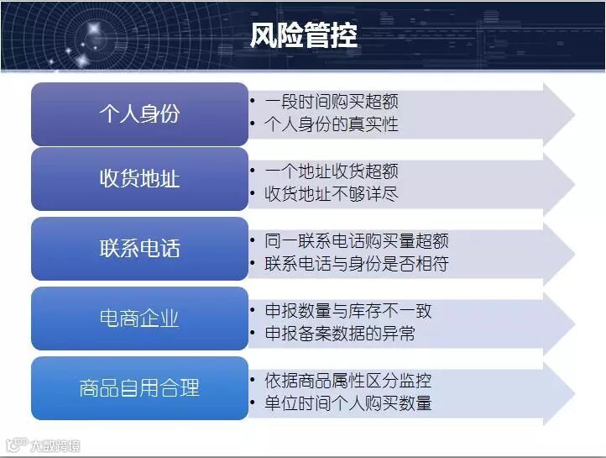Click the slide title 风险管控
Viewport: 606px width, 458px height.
coord(303,35)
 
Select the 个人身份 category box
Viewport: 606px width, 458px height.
coord(139,114)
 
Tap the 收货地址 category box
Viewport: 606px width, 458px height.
coord(139,179)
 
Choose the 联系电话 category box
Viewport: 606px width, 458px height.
coord(139,249)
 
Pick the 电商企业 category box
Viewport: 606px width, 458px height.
coord(139,318)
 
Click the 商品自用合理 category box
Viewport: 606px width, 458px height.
coord(139,388)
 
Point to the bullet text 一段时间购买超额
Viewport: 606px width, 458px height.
coord(332,102)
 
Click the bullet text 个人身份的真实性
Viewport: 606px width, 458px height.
coord(332,124)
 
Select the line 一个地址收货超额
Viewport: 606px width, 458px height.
coord(332,171)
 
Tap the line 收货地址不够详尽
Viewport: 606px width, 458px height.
coord(332,194)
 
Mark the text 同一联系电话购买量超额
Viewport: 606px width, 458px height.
coord(357,240)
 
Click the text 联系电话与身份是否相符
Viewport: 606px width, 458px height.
coord(357,263)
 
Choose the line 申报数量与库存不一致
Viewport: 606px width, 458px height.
coord(348,311)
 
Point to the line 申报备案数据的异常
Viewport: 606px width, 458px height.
coord(340,333)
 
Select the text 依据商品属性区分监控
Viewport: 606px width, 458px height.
coord(348,380)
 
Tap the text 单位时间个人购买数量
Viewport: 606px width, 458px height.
coord(348,403)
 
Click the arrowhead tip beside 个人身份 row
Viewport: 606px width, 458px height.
coord(575,114)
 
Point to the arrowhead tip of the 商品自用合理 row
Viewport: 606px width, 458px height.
coord(575,394)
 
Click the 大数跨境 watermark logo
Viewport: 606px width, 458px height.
coord(44,445)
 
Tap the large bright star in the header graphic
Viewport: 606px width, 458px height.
coord(93,29)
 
